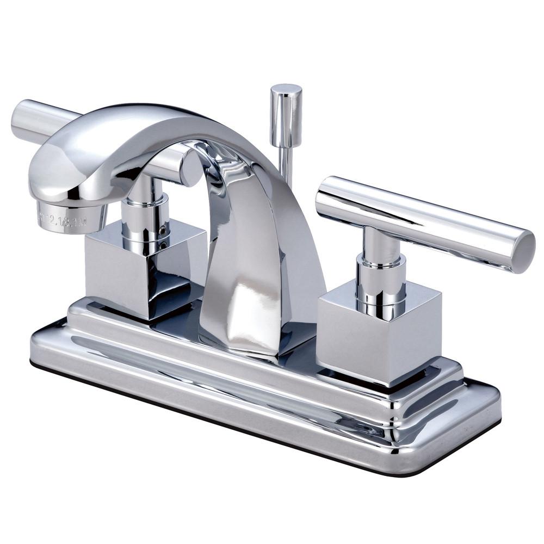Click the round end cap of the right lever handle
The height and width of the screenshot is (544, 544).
(521, 251)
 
